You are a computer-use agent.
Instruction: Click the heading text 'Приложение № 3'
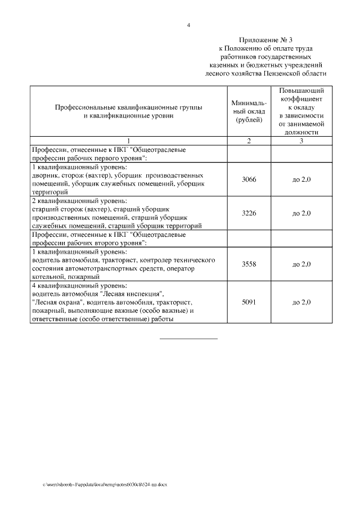pyautogui.click(x=266, y=40)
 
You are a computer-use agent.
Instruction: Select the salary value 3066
pyautogui.click(x=249, y=179)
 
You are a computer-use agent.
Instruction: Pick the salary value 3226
pyautogui.click(x=249, y=213)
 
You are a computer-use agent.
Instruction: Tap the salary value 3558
pyautogui.click(x=249, y=264)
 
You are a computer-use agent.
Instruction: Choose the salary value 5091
pyautogui.click(x=249, y=303)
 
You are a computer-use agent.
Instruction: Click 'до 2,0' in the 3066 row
pyautogui.click(x=301, y=179)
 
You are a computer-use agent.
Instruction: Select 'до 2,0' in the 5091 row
pyautogui.click(x=301, y=303)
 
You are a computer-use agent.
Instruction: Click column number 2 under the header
pyautogui.click(x=249, y=141)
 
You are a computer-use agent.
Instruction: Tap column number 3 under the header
pyautogui.click(x=301, y=141)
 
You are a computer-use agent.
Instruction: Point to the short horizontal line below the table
pyautogui.click(x=188, y=339)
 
